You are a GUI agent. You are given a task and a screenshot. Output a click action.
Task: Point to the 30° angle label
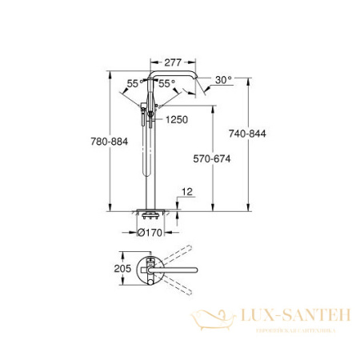point(224,80)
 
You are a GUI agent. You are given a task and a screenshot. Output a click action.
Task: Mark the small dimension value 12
point(186,191)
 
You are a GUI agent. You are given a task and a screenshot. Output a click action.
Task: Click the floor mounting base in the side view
point(150,214)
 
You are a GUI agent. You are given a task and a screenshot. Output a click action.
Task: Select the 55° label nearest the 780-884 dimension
point(132,83)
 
